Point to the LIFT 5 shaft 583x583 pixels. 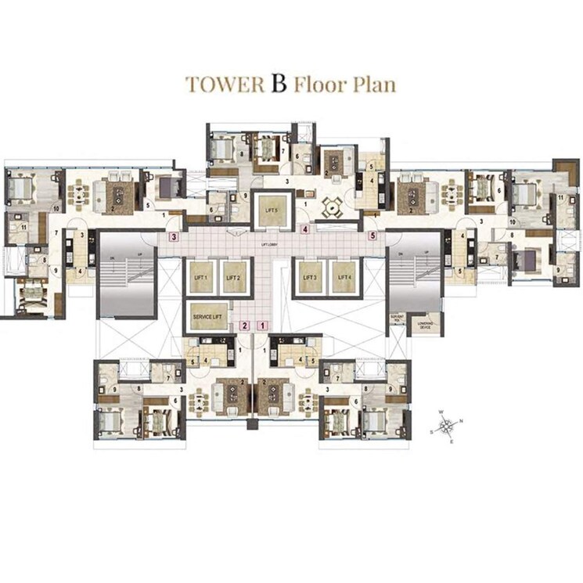tap(272, 212)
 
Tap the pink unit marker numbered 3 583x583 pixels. tap(175, 236)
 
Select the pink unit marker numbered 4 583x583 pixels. tap(304, 230)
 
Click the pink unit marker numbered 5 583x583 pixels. tap(372, 235)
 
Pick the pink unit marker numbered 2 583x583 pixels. tap(245, 326)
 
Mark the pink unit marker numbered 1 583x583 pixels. tap(263, 326)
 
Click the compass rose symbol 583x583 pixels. tap(447, 426)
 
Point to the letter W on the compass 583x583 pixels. tap(441, 412)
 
